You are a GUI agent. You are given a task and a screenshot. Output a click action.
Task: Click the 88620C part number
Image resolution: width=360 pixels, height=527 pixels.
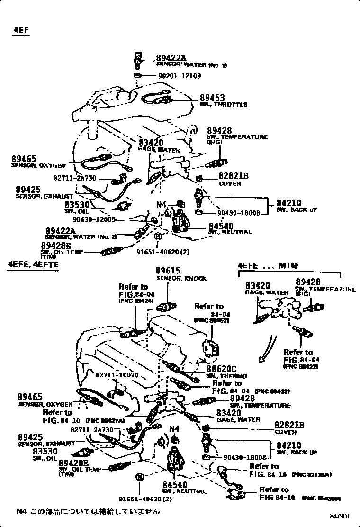click(x=221, y=369)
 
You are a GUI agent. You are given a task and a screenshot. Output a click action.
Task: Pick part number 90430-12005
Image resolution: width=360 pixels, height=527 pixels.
click(x=95, y=219)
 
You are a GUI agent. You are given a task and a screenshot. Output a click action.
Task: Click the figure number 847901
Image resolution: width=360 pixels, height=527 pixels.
click(x=340, y=516)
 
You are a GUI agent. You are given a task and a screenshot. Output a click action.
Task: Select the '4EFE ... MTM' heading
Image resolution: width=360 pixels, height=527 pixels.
click(x=270, y=265)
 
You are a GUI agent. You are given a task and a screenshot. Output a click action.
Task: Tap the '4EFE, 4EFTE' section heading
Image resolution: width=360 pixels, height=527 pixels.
click(x=33, y=264)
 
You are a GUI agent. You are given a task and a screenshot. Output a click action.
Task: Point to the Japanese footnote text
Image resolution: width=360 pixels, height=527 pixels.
click(x=88, y=511)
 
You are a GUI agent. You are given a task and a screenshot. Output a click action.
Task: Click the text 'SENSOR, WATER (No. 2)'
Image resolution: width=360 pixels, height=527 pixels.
click(x=81, y=236)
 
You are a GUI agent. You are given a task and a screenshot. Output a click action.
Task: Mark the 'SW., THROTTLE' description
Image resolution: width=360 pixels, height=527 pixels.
click(x=224, y=105)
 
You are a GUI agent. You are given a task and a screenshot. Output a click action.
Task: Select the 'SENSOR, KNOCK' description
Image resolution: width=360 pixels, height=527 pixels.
click(x=181, y=278)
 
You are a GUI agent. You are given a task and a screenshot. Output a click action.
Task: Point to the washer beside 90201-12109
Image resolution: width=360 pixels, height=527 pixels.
click(x=137, y=76)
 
